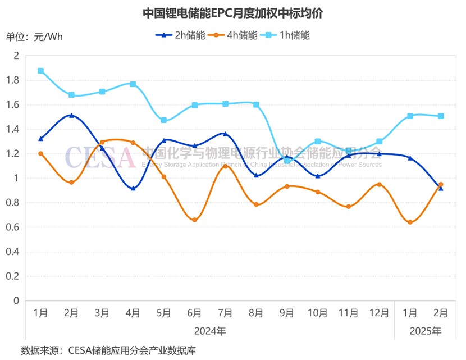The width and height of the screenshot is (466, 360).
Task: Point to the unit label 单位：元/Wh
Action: [34, 37]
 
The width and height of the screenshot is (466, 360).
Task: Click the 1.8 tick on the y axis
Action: [12, 80]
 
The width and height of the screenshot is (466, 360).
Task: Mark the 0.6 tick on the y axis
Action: [12, 227]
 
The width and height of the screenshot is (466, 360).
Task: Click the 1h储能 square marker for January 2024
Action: [40, 71]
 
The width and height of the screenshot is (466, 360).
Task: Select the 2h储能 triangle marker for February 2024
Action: [71, 116]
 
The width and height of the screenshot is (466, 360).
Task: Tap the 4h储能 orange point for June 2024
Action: [194, 220]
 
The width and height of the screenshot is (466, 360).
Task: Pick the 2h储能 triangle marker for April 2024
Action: [133, 188]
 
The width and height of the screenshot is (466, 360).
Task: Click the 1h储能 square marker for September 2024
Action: [287, 161]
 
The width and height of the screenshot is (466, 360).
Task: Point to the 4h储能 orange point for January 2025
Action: [410, 222]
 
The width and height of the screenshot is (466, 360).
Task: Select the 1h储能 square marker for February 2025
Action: [441, 116]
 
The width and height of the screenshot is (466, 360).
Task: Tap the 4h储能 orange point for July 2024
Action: [225, 166]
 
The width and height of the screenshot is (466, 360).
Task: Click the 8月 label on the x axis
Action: [256, 313]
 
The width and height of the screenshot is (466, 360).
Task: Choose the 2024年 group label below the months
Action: [210, 331]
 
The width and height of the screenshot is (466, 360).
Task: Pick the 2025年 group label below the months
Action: [426, 331]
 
